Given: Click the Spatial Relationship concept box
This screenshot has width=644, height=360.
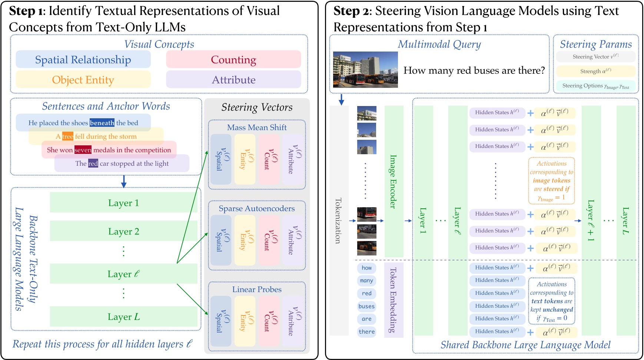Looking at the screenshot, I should point(83,60).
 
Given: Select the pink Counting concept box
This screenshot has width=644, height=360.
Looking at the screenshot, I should point(233,60).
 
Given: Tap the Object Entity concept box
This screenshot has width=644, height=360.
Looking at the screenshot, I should point(83,80).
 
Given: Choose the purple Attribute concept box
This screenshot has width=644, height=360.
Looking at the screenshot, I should point(233,80).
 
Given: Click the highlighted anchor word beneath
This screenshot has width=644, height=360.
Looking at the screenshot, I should point(102,123).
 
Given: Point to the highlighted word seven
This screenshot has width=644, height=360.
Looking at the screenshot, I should point(83,150).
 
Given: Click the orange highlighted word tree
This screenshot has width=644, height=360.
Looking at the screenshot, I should point(67,136).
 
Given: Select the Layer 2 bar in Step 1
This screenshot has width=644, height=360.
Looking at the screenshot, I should point(123,231).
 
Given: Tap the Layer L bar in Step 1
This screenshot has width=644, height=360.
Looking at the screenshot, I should point(123,317).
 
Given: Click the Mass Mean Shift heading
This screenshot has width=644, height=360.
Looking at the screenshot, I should point(257,128).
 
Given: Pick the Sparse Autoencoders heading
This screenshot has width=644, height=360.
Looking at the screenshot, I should point(257,209).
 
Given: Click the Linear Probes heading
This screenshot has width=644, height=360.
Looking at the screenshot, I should point(257,290).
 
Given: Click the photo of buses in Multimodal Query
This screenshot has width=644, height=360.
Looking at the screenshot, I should point(365,70).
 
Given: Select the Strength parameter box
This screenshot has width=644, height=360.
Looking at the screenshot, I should point(595,71).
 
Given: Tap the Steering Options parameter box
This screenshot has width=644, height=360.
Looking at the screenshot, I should point(595,86).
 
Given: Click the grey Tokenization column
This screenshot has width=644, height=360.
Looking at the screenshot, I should point(339,221).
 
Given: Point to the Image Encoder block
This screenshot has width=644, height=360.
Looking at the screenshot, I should point(394,182).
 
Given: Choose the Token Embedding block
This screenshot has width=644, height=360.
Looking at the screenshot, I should point(394,300).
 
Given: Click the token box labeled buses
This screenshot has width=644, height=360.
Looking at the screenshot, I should point(366,306).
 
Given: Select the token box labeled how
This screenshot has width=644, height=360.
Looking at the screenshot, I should point(366,268).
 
